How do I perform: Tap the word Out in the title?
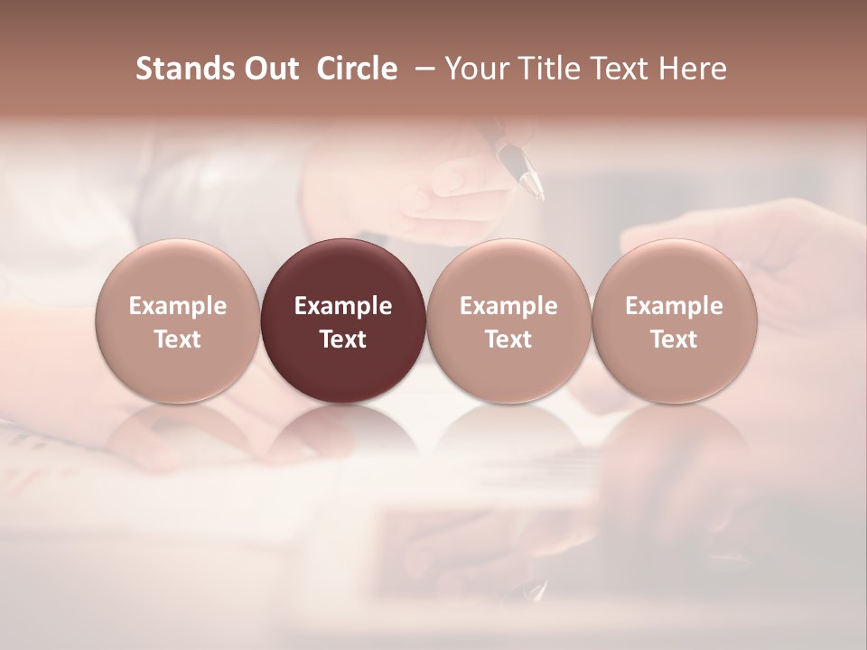[270, 69]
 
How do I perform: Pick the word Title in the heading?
[545, 69]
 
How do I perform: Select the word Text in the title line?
[615, 69]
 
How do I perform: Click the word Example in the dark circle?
[343, 306]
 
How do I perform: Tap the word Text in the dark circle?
[343, 339]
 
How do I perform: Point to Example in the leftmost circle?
[178, 306]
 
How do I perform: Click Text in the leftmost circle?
[178, 339]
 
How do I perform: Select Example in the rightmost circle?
[675, 306]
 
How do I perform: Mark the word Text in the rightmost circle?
[675, 339]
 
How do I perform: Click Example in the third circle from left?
[508, 306]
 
